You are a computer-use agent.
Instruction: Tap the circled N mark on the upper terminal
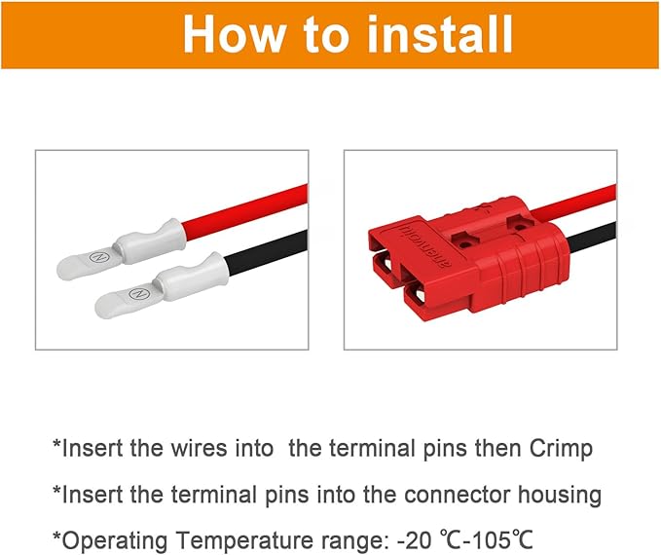click(x=94, y=258)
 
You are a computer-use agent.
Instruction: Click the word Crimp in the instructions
click(x=558, y=449)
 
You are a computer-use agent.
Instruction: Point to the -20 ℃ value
click(x=424, y=539)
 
